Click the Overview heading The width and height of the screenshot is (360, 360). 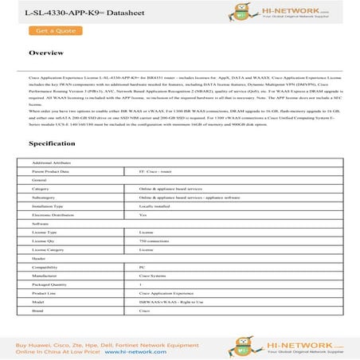click(x=46, y=53)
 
